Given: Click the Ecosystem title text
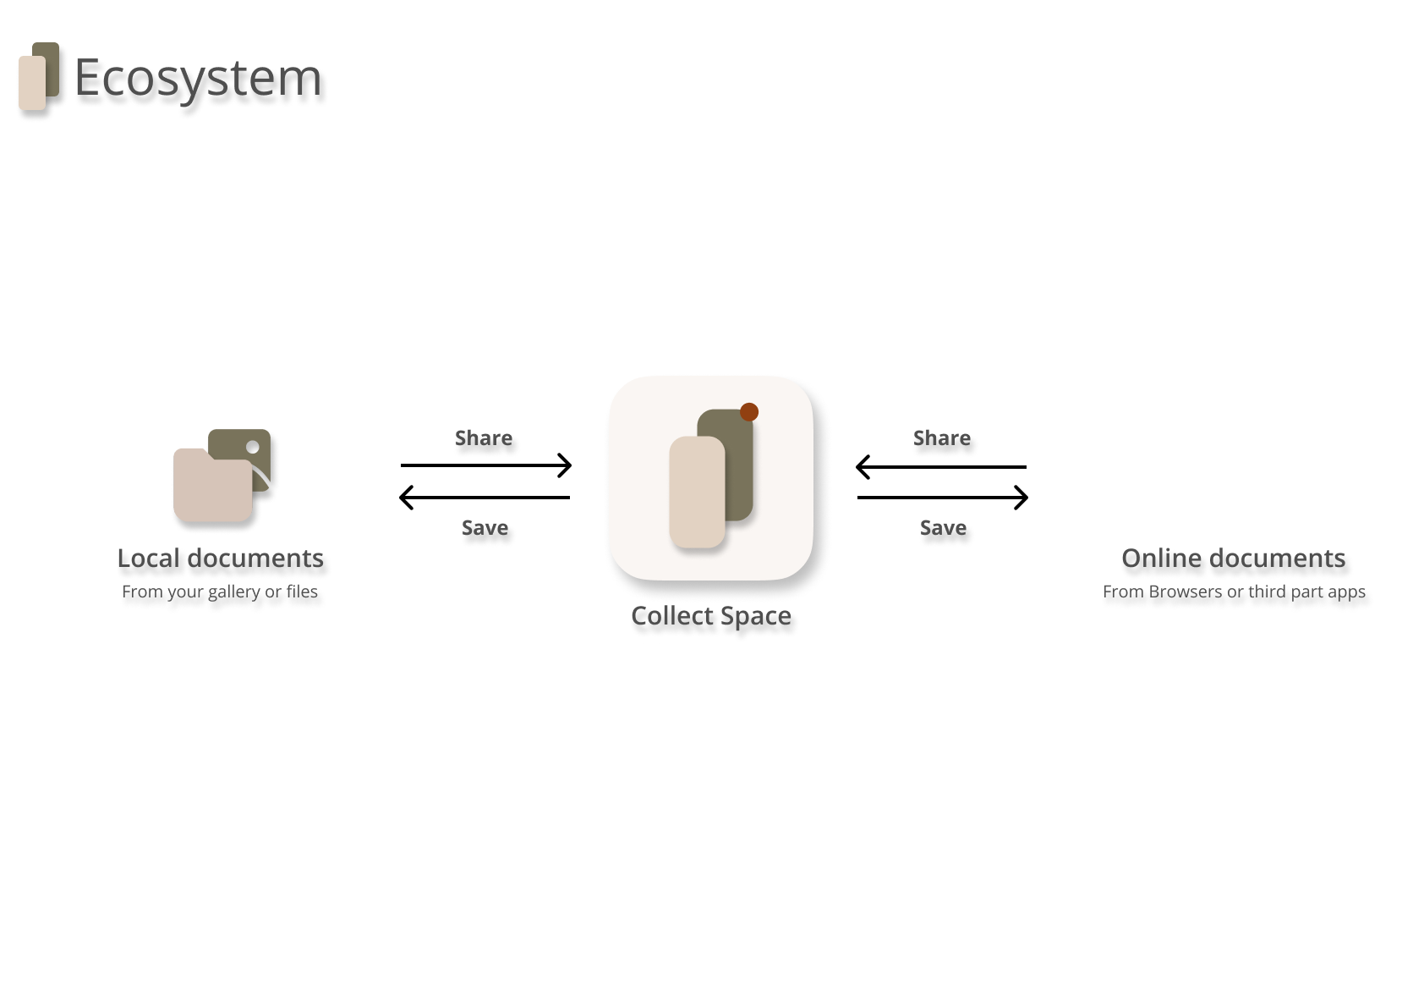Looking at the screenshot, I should click(198, 77).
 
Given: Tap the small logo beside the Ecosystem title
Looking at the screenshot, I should click(39, 76).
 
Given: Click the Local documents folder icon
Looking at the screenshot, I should click(221, 476).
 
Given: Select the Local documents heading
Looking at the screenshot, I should click(220, 559).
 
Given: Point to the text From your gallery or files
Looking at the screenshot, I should click(220, 592).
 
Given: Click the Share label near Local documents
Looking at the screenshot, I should click(484, 438).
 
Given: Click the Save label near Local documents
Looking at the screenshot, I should click(485, 528).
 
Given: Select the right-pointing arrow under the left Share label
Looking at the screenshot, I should click(486, 465).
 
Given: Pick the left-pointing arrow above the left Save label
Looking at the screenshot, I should click(485, 498).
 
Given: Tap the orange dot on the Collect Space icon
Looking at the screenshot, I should click(749, 412).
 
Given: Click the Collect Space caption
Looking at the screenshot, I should click(711, 616).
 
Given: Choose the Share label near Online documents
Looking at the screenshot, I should click(942, 438).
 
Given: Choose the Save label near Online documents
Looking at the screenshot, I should click(943, 528).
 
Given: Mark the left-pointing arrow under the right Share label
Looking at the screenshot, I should click(941, 467).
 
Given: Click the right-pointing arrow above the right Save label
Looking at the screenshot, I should click(943, 498).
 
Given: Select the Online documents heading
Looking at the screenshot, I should click(1233, 559).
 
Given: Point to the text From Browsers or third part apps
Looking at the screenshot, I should click(1234, 592).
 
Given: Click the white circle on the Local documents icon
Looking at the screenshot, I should click(252, 447).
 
